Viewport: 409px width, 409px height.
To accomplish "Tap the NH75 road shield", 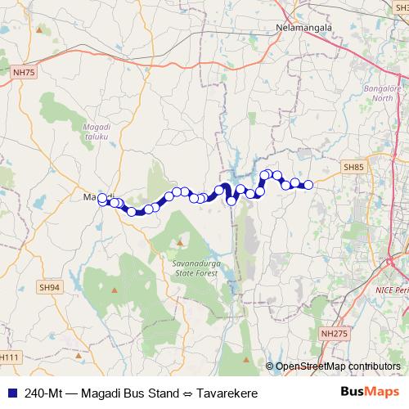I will click(x=25, y=73).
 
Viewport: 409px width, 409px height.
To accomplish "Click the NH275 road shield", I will click(x=332, y=334).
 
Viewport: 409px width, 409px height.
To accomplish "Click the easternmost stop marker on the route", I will click(x=308, y=185).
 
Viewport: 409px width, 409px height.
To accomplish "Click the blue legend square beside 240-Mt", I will click(x=9, y=393).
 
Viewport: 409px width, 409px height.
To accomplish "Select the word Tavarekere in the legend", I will click(x=230, y=393).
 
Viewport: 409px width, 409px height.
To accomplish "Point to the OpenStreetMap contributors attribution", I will click(x=337, y=366).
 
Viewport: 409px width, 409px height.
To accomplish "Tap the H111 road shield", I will click(x=8, y=357).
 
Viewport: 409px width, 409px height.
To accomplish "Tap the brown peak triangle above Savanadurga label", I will click(x=179, y=242).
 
